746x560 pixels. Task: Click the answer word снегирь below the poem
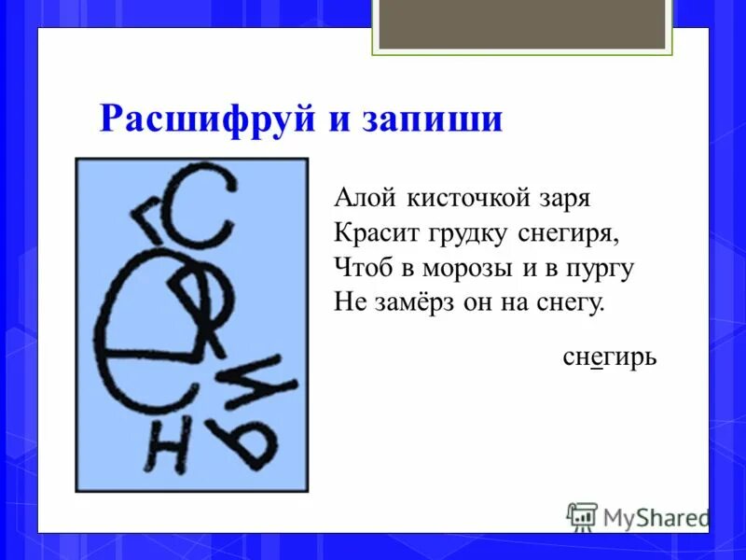(x=611, y=356)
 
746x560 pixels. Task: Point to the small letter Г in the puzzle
(x=149, y=217)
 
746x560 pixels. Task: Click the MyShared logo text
(x=656, y=515)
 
